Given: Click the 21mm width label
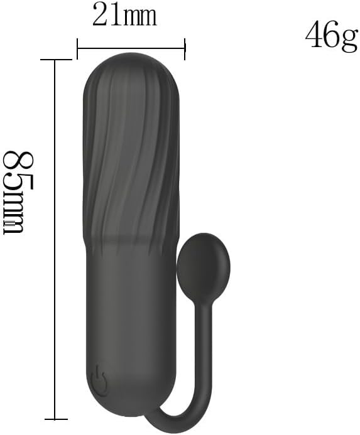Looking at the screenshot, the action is tap(124, 14).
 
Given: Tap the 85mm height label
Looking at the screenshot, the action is tap(18, 193).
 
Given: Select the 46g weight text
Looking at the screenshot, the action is tap(331, 36).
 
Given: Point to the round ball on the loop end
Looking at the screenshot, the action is tap(204, 266).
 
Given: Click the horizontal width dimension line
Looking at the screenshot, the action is tap(131, 48).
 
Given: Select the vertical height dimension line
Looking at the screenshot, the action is tap(55, 240).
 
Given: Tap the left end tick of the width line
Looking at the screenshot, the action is tap(77, 49).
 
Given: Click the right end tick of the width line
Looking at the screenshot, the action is tap(185, 49).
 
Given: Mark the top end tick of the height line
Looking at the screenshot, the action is tap(56, 60).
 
